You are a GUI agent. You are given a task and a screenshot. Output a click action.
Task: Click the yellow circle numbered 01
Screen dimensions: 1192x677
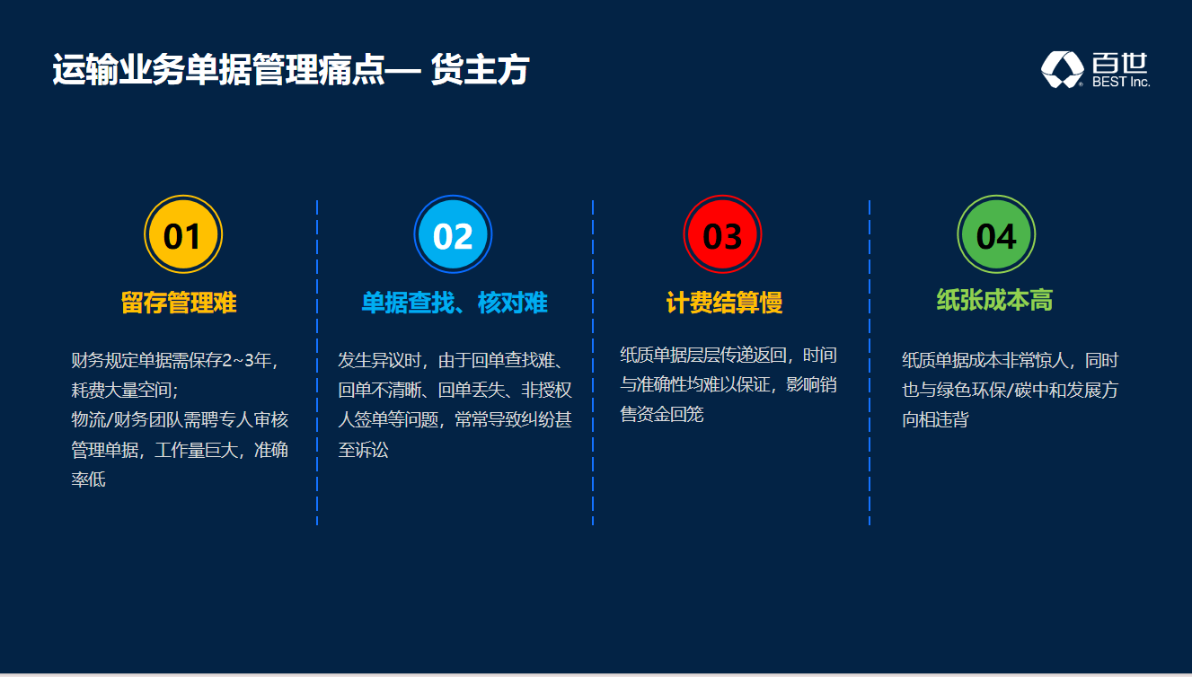[x=183, y=234]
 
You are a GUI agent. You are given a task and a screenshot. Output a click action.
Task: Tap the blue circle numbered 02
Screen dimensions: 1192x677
[x=453, y=234]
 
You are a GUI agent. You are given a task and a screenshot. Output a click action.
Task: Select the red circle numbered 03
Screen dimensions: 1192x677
[x=722, y=234]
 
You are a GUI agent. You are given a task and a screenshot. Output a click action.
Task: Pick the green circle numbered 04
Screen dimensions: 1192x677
[x=996, y=234]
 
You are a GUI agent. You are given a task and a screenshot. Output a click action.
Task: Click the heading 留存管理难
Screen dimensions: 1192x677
[x=179, y=303]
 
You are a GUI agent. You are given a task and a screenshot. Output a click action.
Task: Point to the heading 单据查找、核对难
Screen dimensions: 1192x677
[x=455, y=303]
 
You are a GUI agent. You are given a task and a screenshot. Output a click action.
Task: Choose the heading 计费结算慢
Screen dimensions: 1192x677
[x=724, y=303]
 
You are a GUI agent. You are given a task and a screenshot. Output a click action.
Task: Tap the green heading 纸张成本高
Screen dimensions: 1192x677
[x=994, y=300]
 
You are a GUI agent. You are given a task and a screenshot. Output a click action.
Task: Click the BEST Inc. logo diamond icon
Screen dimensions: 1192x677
[x=1062, y=69]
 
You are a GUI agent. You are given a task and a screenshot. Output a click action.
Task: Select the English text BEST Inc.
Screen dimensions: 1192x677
[x=1121, y=82]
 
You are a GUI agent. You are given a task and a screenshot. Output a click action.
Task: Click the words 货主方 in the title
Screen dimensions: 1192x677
[x=480, y=69]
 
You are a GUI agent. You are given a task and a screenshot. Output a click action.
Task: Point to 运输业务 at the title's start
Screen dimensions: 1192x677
[x=119, y=69]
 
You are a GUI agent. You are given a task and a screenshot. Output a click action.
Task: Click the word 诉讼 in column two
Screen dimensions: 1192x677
[x=372, y=450]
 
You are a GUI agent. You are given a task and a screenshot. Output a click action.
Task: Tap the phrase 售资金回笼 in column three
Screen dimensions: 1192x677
[x=662, y=414]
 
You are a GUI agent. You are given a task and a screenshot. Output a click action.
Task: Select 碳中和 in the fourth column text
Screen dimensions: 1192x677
[x=1040, y=390]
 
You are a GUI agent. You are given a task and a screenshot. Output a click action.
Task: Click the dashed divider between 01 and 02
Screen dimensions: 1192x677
[x=317, y=363]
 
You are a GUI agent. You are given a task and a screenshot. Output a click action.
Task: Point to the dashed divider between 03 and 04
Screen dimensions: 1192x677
[x=870, y=363]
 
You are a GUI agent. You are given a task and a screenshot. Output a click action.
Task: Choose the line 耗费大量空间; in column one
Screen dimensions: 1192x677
[x=125, y=390]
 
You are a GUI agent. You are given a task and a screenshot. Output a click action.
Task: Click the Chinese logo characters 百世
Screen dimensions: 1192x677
[x=1120, y=62]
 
